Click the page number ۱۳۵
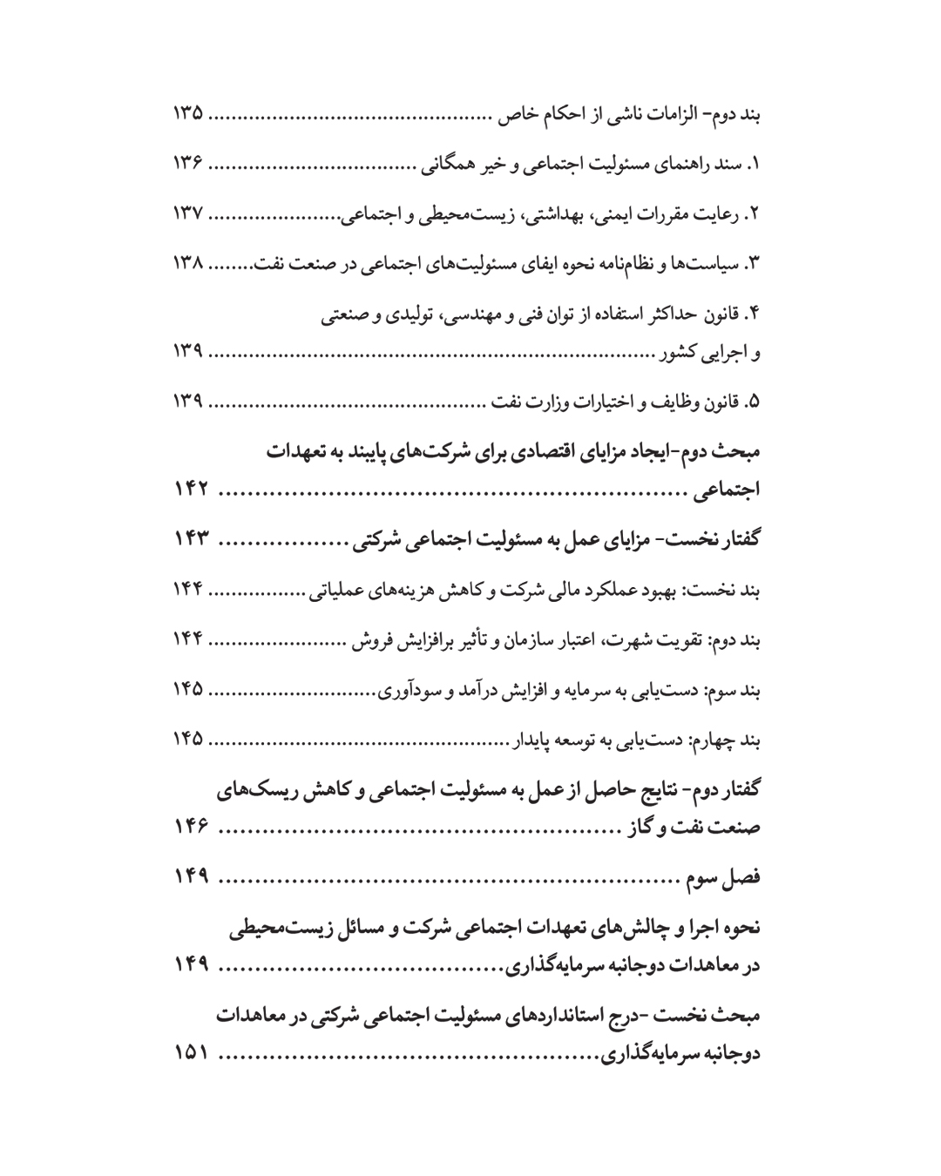(186, 113)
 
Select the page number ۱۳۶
(186, 163)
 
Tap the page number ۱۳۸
(186, 264)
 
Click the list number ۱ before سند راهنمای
(756, 164)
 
